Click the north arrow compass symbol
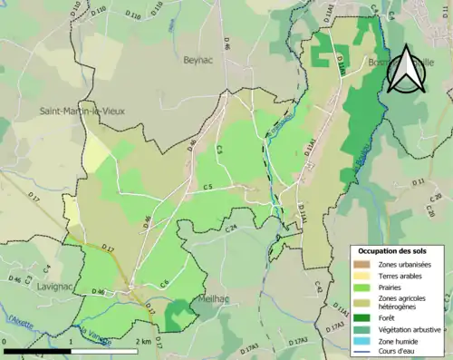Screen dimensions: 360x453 (x=405, y=68)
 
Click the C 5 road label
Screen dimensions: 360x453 (x=207, y=187)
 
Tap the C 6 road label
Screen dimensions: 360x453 (x=165, y=284)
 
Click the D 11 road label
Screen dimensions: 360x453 (x=419, y=182)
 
